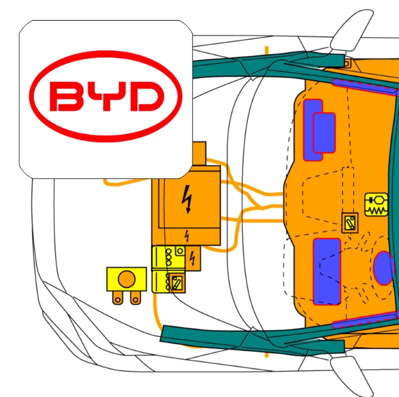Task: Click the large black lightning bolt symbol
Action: click(188, 199)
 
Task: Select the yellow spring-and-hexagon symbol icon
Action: click(376, 204)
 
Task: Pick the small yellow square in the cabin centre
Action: click(350, 222)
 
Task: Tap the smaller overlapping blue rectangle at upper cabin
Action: click(324, 133)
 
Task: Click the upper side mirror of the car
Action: click(351, 30)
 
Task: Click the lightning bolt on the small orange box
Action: click(193, 258)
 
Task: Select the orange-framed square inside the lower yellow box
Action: click(176, 283)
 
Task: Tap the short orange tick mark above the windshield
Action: click(267, 51)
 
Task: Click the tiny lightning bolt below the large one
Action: click(188, 235)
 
